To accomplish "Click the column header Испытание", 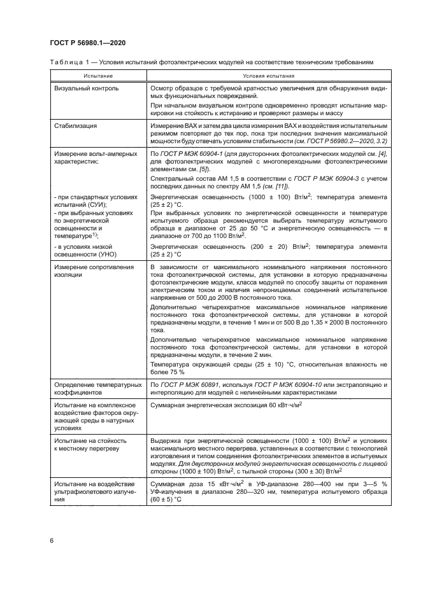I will click(x=97, y=74).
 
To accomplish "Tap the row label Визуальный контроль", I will click(x=86, y=88).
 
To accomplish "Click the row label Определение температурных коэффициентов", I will click(x=97, y=389).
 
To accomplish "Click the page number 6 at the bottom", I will click(x=51, y=540).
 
